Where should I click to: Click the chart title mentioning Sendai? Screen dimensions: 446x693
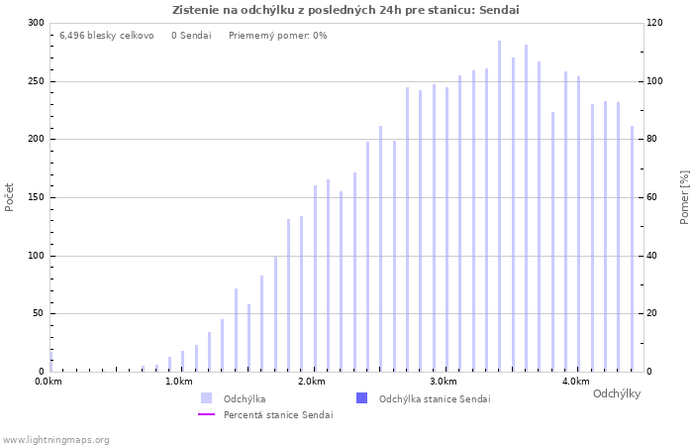click(x=346, y=10)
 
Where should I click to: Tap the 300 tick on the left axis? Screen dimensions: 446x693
click(x=36, y=23)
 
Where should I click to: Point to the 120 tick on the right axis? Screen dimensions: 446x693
click(x=655, y=23)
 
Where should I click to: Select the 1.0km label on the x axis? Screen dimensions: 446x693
click(x=179, y=382)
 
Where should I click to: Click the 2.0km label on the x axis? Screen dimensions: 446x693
click(x=311, y=382)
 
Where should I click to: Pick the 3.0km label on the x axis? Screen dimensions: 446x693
click(x=444, y=382)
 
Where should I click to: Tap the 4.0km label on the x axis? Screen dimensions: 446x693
click(x=575, y=382)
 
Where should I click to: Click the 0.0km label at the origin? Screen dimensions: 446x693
click(x=49, y=382)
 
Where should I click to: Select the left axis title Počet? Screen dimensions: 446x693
click(x=10, y=196)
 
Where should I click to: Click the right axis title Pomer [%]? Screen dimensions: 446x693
click(x=684, y=196)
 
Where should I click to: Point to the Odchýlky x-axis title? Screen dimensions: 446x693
click(x=617, y=393)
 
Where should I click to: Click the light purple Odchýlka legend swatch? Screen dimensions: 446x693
click(x=206, y=398)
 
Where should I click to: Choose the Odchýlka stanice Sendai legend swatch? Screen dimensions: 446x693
click(x=361, y=398)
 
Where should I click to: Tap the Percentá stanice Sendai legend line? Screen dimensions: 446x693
click(x=206, y=414)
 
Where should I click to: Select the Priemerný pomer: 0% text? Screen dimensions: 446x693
click(x=277, y=36)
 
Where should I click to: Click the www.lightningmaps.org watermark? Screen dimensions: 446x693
click(x=55, y=439)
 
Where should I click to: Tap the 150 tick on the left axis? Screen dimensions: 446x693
click(x=36, y=197)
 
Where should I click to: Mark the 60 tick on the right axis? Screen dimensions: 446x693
click(x=653, y=197)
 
